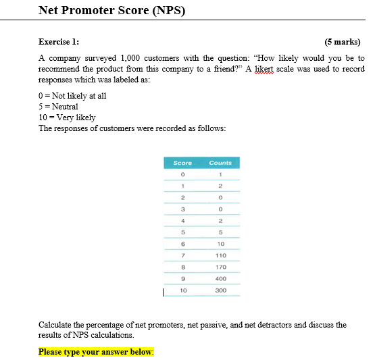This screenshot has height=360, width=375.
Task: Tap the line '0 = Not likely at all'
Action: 72,96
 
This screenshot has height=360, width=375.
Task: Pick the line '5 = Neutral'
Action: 58,107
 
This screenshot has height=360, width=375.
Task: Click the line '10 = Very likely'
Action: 67,118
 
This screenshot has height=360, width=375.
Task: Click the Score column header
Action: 182,163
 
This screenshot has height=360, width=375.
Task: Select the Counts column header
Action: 220,163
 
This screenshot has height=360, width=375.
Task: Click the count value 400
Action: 220,279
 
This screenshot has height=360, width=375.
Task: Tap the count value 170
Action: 220,267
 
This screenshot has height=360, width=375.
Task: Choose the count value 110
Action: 220,256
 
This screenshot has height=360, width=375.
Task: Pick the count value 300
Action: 220,290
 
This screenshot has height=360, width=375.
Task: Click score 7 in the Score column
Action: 182,256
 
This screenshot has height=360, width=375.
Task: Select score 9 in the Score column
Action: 182,279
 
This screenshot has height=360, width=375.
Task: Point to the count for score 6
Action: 220,244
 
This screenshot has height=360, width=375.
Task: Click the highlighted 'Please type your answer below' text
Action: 96,352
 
